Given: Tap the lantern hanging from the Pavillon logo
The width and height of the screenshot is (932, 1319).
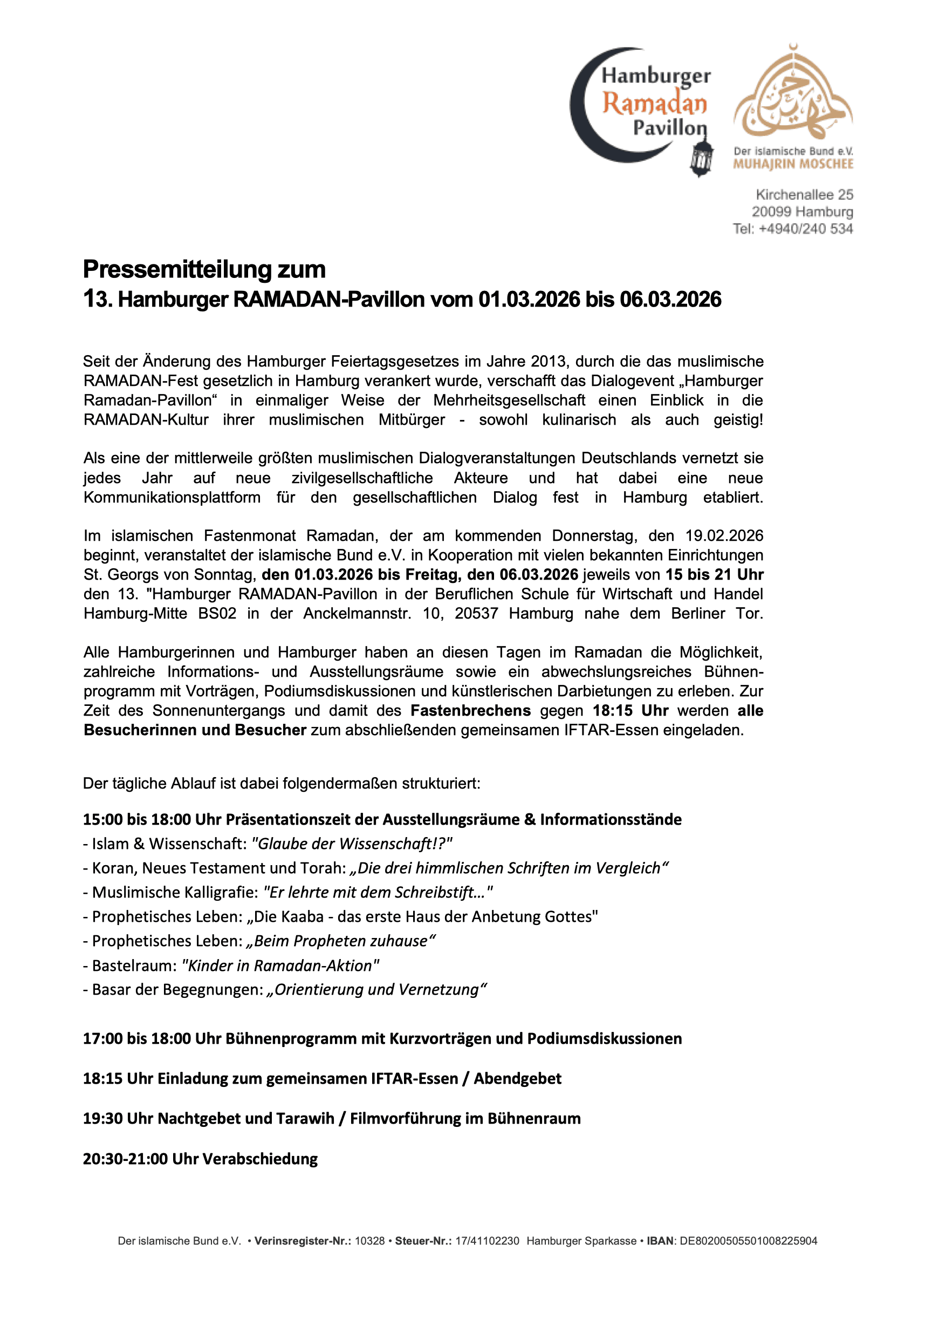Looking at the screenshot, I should click(x=701, y=158).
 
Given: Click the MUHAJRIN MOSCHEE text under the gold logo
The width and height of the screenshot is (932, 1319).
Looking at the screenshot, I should click(x=793, y=164).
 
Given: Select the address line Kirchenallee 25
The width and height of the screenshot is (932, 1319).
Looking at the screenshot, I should click(x=804, y=195).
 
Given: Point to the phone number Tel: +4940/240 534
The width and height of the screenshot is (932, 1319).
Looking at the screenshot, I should click(x=792, y=229).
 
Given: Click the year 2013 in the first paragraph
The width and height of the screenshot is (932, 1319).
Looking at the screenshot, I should click(x=549, y=362).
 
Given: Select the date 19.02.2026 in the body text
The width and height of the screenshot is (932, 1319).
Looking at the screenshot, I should click(x=724, y=536).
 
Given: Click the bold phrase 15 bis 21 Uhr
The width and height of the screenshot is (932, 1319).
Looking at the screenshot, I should click(x=714, y=574).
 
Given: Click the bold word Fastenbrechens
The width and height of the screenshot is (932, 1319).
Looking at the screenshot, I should click(x=470, y=711).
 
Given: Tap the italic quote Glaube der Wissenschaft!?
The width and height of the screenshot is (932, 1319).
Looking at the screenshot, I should click(x=352, y=844).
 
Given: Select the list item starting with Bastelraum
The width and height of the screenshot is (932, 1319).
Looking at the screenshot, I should click(x=231, y=966).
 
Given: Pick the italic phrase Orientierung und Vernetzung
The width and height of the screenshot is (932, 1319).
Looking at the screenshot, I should click(x=376, y=990).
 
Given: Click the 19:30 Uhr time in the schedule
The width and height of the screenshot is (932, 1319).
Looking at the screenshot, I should click(x=118, y=1119).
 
